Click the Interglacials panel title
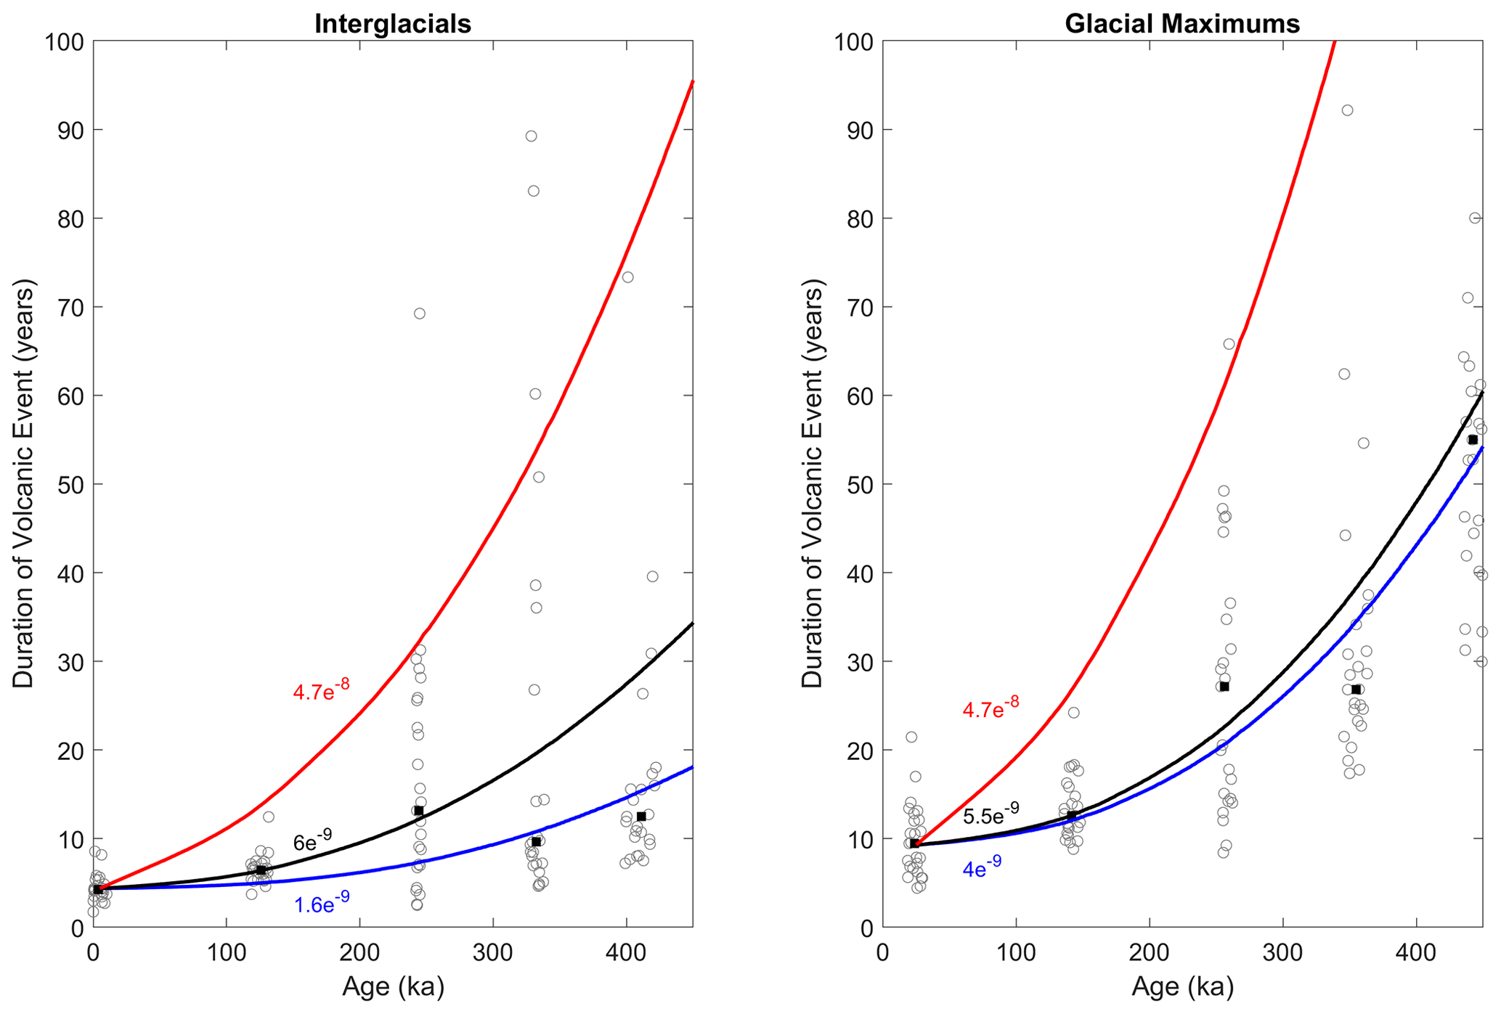click(392, 24)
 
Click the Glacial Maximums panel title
click(1181, 24)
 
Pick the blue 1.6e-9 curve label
click(322, 904)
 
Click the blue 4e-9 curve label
click(982, 867)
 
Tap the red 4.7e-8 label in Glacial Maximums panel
click(991, 708)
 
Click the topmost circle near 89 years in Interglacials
click(531, 136)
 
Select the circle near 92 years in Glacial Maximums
click(1347, 110)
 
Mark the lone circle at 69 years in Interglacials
click(419, 314)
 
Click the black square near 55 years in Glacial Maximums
click(1473, 440)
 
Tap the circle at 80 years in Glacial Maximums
click(1475, 218)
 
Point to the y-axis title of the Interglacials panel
click(23, 484)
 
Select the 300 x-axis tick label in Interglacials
click(493, 952)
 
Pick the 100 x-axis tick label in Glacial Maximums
click(1016, 952)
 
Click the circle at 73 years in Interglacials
click(627, 277)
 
